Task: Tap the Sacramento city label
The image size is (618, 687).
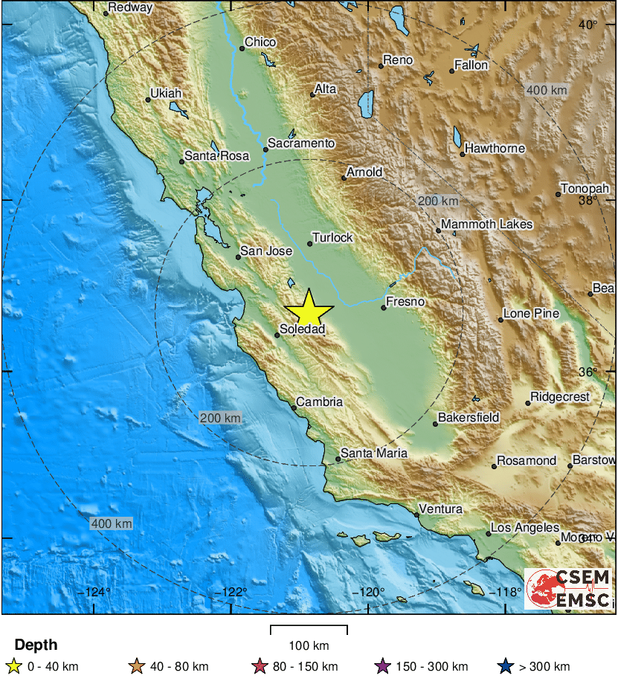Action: pos(301,143)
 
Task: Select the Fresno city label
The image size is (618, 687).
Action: pos(407,302)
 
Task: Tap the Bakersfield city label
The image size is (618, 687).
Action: pos(469,418)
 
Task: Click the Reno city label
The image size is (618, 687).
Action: pos(397,60)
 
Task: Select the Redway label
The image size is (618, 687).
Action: pos(130,8)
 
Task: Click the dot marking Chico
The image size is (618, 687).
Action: pos(242,49)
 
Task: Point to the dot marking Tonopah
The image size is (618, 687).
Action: pos(559,195)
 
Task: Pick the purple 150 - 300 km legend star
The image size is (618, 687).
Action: pos(383,666)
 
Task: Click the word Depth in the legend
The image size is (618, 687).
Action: pos(36,645)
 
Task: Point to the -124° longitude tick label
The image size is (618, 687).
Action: pos(97,593)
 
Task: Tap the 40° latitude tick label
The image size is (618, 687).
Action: pos(588,25)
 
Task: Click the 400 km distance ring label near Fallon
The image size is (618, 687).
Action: pos(547,91)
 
